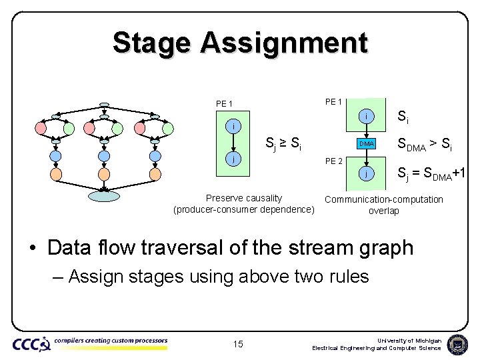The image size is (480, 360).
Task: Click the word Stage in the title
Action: pos(151,43)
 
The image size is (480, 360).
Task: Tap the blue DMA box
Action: pos(366,143)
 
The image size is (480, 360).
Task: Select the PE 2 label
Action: pos(333,161)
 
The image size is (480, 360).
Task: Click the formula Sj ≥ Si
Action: pos(283,142)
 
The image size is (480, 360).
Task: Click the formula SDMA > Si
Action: pos(425,143)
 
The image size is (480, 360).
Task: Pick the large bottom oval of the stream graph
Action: pos(104,195)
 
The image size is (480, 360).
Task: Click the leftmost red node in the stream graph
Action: pos(41,127)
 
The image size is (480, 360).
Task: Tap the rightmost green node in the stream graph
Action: pos(168,127)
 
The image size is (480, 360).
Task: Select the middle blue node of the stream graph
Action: pos(104,156)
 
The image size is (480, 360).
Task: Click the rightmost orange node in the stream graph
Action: pos(155,175)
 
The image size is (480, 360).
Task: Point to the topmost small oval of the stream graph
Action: pos(104,104)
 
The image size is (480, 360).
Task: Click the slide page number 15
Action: pos(238,344)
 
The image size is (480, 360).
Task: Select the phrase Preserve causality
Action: pos(243,198)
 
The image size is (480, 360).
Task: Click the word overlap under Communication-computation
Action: pos(383,211)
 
